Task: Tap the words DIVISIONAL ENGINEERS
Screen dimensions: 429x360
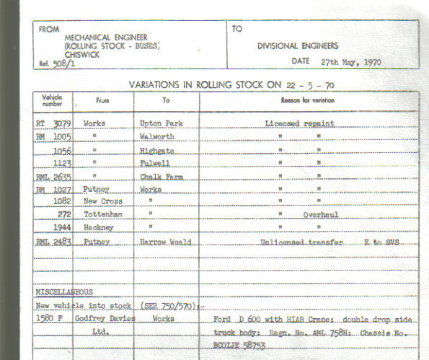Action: [x=298, y=46]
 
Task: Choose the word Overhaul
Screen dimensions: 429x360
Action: [x=321, y=214]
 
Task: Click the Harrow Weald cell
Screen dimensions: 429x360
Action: [x=166, y=242]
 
